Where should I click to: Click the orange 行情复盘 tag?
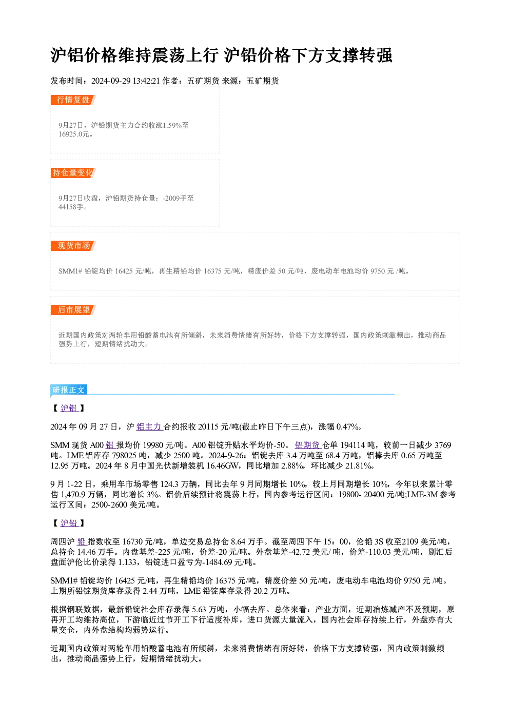click(x=73, y=100)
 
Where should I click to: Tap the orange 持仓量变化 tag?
click(x=73, y=173)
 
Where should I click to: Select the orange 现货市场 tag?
click(x=73, y=246)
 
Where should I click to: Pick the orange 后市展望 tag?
click(x=73, y=310)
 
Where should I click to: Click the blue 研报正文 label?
click(x=69, y=390)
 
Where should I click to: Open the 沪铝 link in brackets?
click(x=70, y=408)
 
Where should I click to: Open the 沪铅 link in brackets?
click(x=70, y=523)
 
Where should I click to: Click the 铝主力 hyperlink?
click(x=149, y=427)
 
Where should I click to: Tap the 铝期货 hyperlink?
click(x=308, y=445)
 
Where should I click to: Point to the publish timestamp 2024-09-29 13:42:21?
click(x=126, y=81)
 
